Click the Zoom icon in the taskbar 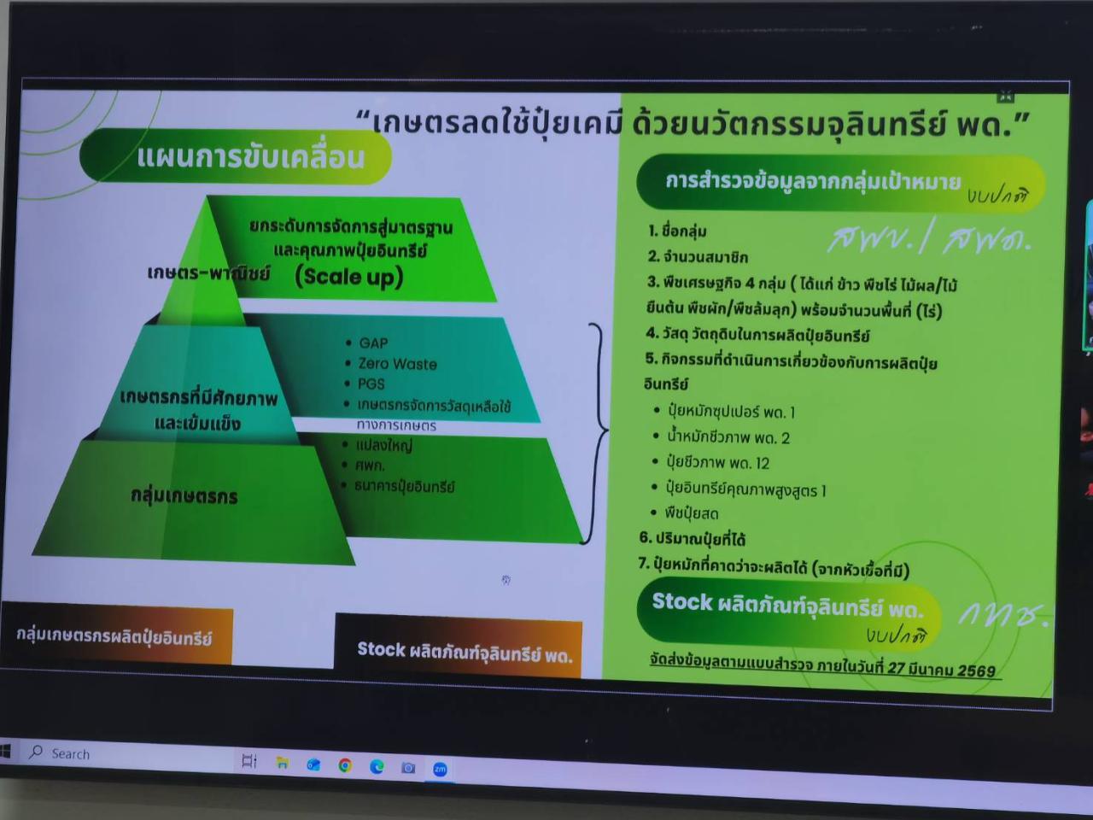coord(440,769)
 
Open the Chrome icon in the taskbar coord(345,765)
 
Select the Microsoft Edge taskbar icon coord(377,766)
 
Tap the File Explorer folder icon coord(282,763)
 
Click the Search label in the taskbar coord(70,754)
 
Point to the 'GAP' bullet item coord(373,343)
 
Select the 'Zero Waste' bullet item coord(397,364)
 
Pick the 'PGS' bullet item coord(371,384)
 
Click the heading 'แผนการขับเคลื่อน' coord(251,157)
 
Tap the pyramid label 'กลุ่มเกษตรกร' coord(184,496)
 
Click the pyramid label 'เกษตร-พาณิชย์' coord(208,273)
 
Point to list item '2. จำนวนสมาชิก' coord(698,256)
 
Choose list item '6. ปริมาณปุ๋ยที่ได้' coord(693,539)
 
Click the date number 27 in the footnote coord(896,667)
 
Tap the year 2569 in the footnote coord(976,670)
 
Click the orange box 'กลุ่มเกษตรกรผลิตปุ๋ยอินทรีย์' coord(114,637)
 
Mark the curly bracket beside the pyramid coord(599,431)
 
